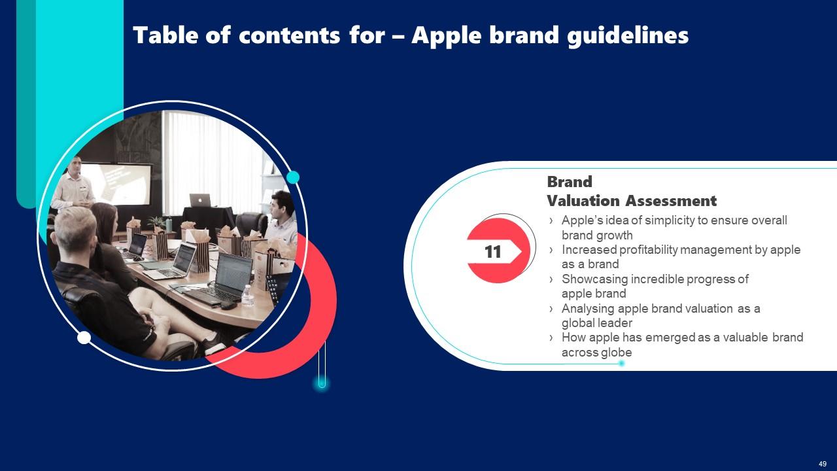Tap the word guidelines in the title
tap(627, 36)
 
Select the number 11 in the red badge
tap(492, 252)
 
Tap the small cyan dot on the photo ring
tap(293, 177)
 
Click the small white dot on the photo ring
tap(84, 338)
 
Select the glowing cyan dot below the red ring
tap(322, 383)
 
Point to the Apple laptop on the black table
tap(200, 200)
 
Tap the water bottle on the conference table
tap(247, 295)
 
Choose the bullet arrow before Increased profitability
tap(551, 250)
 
